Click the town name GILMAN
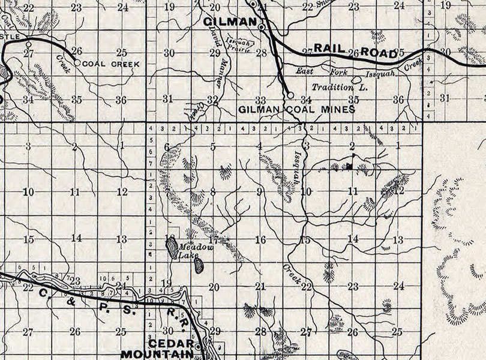pos(227,22)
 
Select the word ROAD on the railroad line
pos(379,53)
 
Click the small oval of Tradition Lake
pos(356,79)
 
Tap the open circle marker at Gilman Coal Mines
pos(290,95)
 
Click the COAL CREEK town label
pos(111,64)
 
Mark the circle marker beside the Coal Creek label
pos(77,62)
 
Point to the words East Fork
pos(323,71)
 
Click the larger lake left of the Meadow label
pos(172,248)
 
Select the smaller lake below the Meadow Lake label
pos(199,266)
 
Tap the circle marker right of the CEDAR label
pos(199,344)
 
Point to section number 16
pos(260,239)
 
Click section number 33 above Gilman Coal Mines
pos(260,100)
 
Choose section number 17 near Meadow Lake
pos(214,239)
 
